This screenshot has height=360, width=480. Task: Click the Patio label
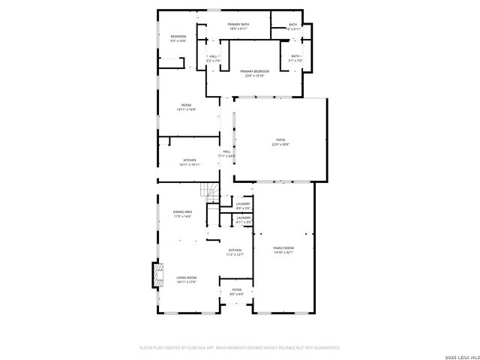(x=280, y=139)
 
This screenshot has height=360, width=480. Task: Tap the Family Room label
(x=283, y=247)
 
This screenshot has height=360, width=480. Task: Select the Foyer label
(x=236, y=289)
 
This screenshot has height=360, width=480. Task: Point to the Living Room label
(x=186, y=277)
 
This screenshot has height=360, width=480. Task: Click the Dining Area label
(x=183, y=212)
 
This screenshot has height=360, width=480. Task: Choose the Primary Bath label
(x=239, y=25)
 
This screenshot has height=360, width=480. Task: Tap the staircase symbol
(x=212, y=193)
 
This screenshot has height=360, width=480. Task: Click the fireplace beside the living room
(x=157, y=275)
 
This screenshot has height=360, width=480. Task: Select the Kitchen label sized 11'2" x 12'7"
(x=235, y=250)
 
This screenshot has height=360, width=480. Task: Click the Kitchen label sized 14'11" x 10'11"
(x=190, y=160)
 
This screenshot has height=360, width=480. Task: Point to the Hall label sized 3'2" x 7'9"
(x=214, y=56)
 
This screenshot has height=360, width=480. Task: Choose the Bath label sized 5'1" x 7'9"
(x=295, y=56)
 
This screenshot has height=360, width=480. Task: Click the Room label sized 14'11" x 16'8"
(x=187, y=104)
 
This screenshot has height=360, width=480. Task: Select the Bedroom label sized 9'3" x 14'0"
(x=178, y=36)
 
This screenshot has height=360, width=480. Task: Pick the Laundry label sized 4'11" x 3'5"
(x=243, y=217)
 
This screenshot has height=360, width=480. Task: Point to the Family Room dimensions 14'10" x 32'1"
(x=283, y=253)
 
